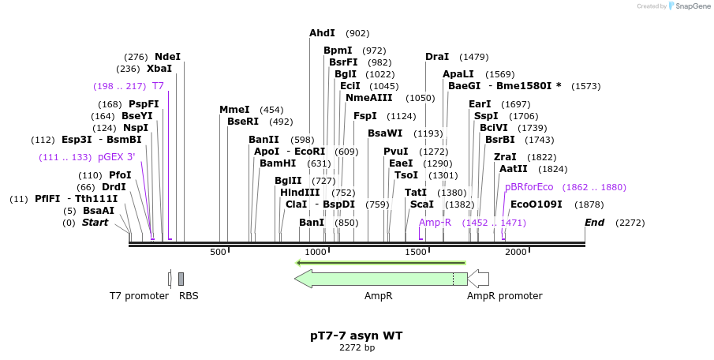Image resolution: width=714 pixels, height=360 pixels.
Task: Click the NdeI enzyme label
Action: pos(167,57)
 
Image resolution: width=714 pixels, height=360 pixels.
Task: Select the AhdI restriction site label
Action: pos(322,33)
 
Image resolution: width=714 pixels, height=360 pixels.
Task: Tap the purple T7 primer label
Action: pos(158,86)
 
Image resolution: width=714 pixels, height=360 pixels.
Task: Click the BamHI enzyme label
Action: pos(278,163)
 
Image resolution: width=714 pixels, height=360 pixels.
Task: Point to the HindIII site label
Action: pos(300,192)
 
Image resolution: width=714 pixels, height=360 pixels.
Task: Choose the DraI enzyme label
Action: pos(437,57)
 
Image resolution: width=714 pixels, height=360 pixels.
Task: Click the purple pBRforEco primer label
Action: pos(529,187)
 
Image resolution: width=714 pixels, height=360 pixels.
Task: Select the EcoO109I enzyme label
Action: pos(536,204)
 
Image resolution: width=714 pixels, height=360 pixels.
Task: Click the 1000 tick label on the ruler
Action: pos(316,252)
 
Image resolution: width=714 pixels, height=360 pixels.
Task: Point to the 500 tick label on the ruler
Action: pos(218,252)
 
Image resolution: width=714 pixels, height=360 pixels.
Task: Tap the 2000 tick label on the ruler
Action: pos(516,252)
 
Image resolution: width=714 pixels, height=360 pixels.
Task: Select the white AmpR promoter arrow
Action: pos(479,279)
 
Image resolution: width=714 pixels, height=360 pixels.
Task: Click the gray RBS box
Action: pos(181,279)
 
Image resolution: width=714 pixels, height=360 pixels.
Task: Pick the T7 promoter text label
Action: pos(139,296)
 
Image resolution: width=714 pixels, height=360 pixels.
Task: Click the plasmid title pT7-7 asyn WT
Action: pos(357,336)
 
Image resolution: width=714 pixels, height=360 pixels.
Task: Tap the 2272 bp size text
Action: pos(357,347)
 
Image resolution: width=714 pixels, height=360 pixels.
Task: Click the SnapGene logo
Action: pos(688,6)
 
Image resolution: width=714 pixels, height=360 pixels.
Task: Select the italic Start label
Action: pos(95,223)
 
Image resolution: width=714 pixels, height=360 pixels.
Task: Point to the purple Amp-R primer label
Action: pos(435,223)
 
